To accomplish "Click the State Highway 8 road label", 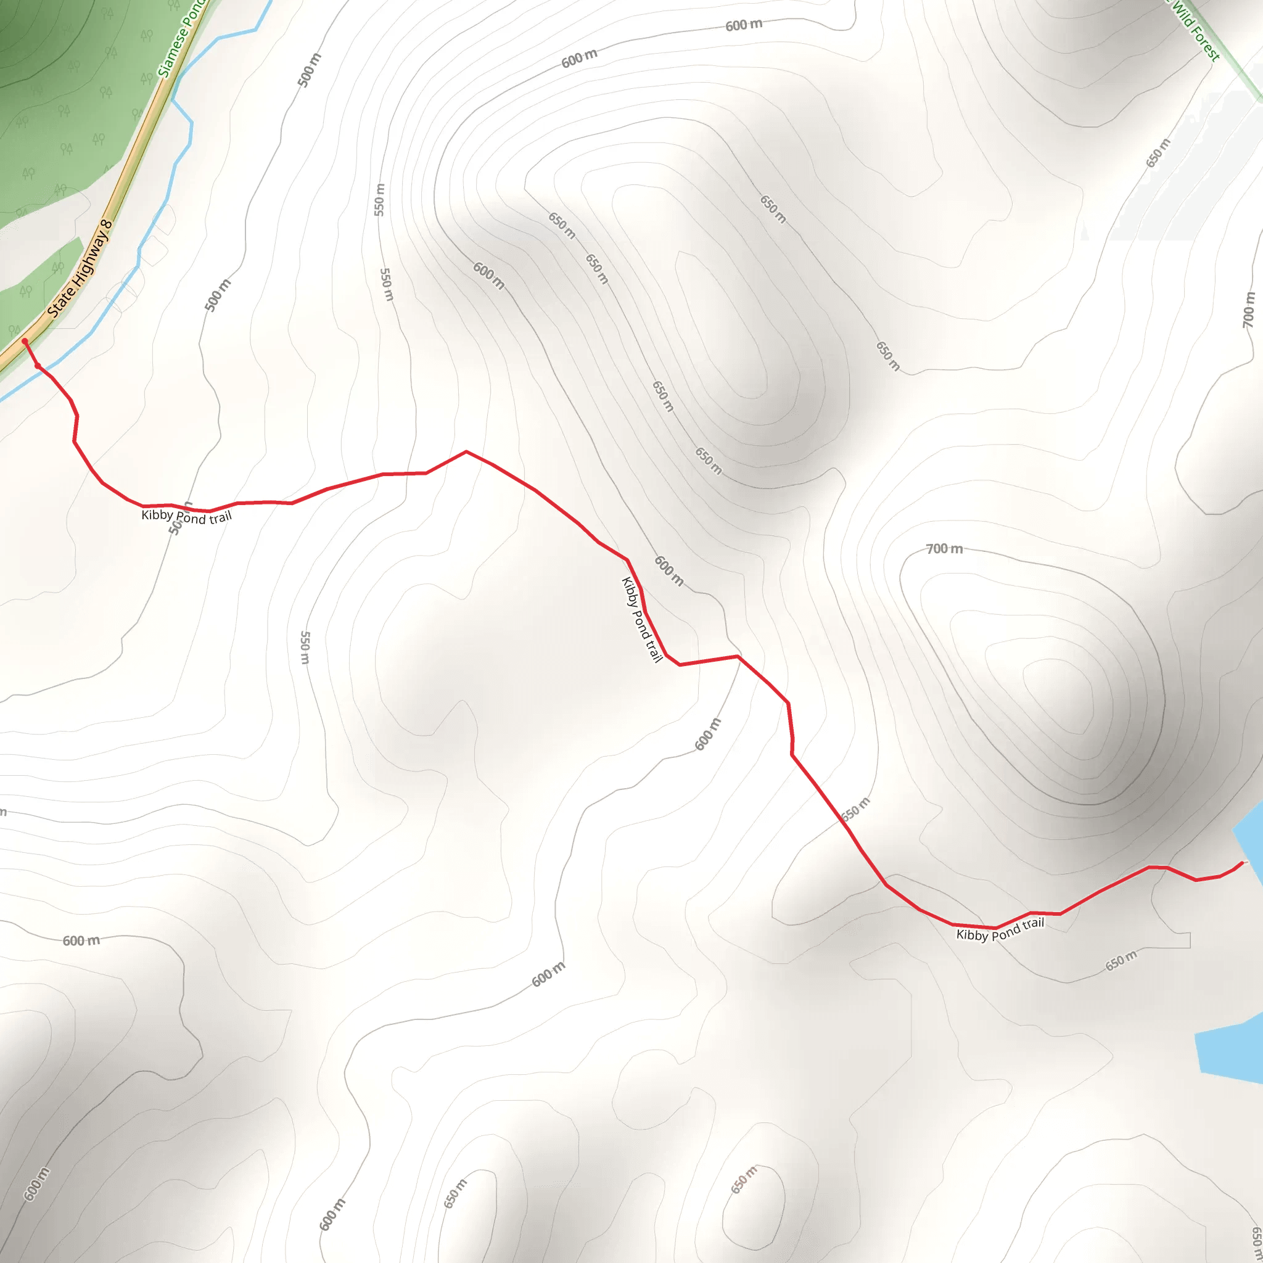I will tap(80, 269).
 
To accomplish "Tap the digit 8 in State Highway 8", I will tap(107, 226).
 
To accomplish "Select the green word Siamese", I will tap(172, 56).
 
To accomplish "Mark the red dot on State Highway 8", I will tap(25, 341).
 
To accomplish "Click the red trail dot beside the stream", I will tap(38, 366).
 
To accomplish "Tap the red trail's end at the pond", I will tap(1242, 863).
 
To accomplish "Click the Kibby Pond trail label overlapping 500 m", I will tap(186, 516).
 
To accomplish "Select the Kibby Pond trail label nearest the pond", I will tap(1000, 929).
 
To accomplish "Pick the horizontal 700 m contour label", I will tap(944, 549).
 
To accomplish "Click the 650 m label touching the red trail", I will tap(856, 808).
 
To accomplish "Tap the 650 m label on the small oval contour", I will tap(743, 1179).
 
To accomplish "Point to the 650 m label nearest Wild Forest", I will tap(1158, 153).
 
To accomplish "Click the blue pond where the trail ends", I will tap(1252, 843).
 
